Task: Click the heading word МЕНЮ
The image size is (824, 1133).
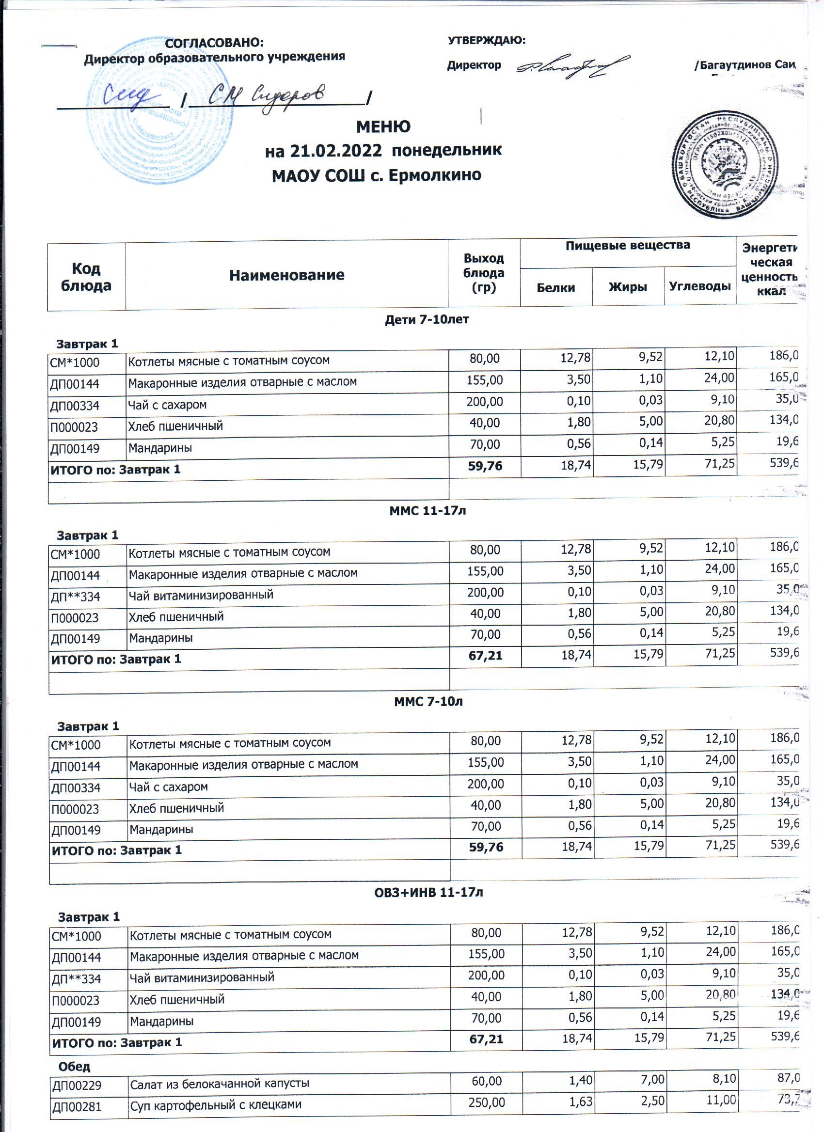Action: [x=383, y=127]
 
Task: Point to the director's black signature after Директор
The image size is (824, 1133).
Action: [x=572, y=66]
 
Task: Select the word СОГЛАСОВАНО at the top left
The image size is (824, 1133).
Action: [x=214, y=43]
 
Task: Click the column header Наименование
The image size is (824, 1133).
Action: [x=286, y=275]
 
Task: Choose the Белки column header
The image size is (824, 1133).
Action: [x=555, y=287]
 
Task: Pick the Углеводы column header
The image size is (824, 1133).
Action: [x=699, y=286]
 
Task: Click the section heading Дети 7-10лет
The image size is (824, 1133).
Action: [x=426, y=319]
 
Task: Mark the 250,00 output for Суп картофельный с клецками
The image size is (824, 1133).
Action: [x=487, y=1102]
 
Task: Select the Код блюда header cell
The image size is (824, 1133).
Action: [x=86, y=277]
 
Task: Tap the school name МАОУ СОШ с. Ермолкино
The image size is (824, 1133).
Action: [x=376, y=175]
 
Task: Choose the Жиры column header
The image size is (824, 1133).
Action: [x=628, y=287]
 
